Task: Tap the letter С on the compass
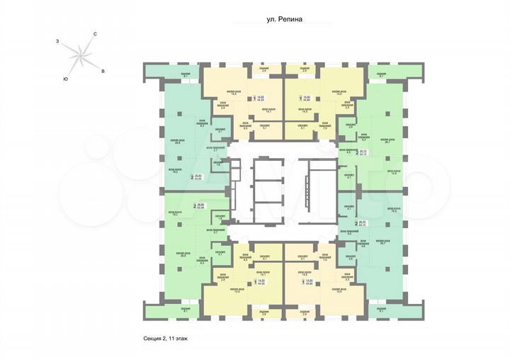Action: tap(95, 34)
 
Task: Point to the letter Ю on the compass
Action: tap(65, 78)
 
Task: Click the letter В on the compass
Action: tap(103, 72)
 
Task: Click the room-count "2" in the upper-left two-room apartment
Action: tap(193, 178)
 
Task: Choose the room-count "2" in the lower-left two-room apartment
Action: tap(194, 206)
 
